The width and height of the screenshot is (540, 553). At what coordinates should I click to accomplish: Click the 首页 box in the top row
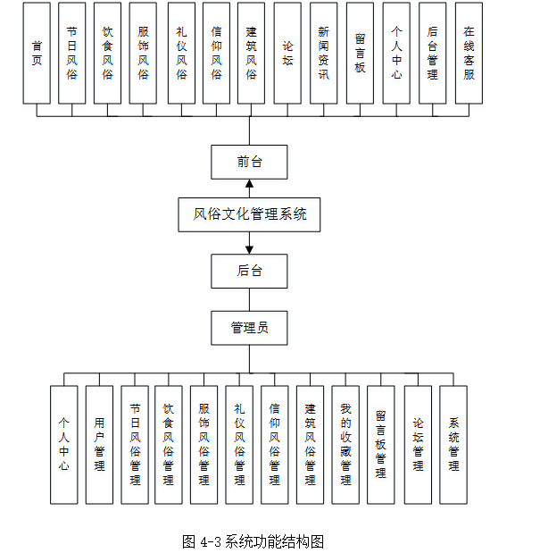[37, 54]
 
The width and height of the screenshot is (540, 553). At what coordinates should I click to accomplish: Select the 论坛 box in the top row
[287, 54]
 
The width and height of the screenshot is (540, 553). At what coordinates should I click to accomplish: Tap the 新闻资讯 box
[323, 54]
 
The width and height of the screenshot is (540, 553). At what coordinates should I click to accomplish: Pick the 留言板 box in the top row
[360, 54]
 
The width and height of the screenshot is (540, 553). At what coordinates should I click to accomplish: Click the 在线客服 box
[469, 54]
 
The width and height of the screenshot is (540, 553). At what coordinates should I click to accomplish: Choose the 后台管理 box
[432, 54]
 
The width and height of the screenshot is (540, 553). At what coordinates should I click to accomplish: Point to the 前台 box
[249, 162]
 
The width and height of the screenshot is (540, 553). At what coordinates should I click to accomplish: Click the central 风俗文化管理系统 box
[249, 215]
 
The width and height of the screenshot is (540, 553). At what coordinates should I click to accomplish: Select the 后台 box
[249, 271]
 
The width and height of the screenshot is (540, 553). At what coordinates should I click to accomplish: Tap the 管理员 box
[249, 327]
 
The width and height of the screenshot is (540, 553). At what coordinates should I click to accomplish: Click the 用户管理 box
[99, 444]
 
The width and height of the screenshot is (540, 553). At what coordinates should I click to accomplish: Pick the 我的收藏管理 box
[345, 444]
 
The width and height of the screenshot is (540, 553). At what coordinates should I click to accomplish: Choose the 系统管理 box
[453, 444]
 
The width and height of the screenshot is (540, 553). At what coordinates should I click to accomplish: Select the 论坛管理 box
[418, 444]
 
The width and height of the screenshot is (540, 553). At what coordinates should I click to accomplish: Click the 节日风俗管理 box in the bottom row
[135, 444]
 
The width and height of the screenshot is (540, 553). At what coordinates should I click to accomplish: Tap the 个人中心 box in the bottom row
[63, 444]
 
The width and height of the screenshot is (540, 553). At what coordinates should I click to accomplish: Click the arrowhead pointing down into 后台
[249, 248]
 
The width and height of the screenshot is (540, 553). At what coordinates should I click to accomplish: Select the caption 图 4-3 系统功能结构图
[252, 541]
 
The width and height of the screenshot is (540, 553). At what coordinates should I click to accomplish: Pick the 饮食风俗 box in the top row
[108, 54]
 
